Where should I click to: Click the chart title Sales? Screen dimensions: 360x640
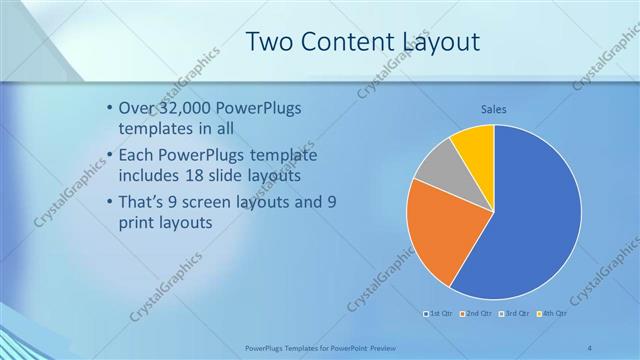tap(494, 109)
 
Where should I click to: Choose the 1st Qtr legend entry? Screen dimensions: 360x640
tap(441, 314)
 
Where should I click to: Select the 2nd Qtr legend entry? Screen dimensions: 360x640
tap(478, 314)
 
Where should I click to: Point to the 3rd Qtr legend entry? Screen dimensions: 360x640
tap(514, 314)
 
